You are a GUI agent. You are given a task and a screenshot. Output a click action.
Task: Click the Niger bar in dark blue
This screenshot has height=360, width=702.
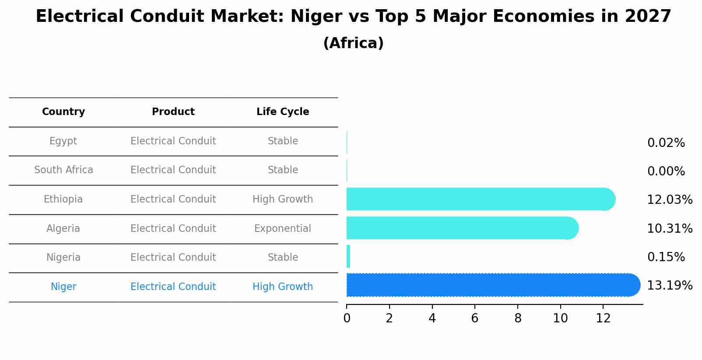pos(492,285)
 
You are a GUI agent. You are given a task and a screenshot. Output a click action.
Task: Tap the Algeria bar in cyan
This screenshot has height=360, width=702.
pos(462,228)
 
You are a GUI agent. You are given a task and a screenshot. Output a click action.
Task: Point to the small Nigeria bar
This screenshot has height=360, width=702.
pos(348,256)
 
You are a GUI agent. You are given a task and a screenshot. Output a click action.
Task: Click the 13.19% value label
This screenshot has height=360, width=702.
pos(669,286)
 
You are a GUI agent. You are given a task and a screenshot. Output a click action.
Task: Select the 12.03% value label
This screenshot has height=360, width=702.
pos(669,200)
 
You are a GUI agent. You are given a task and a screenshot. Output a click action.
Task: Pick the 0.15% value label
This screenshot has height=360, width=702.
pos(666,257)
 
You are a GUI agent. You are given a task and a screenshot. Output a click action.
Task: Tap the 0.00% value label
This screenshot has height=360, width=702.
pos(666,171)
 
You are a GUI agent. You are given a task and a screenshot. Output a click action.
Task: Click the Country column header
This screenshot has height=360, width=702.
pos(63,112)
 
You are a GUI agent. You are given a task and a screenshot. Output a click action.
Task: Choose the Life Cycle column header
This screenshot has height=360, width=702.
pos(283,112)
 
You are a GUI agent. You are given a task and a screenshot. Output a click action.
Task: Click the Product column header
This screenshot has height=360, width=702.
pos(173,112)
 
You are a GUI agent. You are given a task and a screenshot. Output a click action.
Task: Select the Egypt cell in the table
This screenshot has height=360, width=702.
pos(63,141)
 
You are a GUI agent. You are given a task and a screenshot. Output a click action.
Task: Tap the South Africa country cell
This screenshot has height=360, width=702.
pos(63,170)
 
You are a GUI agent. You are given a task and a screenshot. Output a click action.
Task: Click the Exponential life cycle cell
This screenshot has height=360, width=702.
pos(283,228)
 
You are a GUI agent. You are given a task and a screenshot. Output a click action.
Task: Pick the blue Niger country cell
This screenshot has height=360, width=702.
pos(63,287)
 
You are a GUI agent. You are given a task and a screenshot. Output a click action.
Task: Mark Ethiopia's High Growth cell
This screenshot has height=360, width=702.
pos(283,199)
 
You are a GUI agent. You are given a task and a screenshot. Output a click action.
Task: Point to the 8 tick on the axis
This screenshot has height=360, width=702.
pos(518,318)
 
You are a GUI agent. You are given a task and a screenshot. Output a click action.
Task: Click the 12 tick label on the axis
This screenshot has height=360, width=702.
pos(603,318)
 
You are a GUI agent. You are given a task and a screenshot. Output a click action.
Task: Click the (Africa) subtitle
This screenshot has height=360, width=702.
pos(353,43)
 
